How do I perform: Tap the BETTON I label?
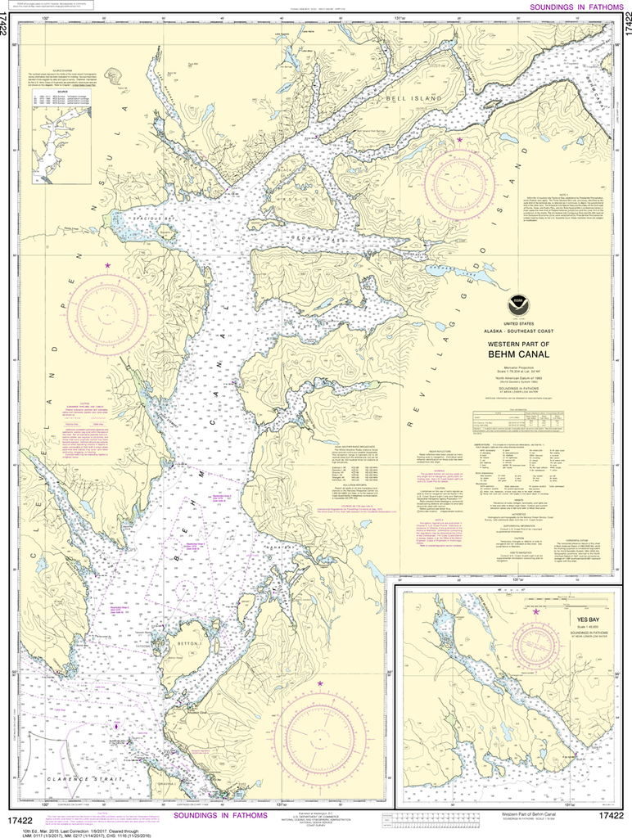[189, 645]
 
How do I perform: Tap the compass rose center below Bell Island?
[459, 183]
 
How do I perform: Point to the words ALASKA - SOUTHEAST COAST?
[517, 333]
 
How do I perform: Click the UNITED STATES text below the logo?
[517, 324]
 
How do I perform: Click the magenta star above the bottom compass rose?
[320, 683]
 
